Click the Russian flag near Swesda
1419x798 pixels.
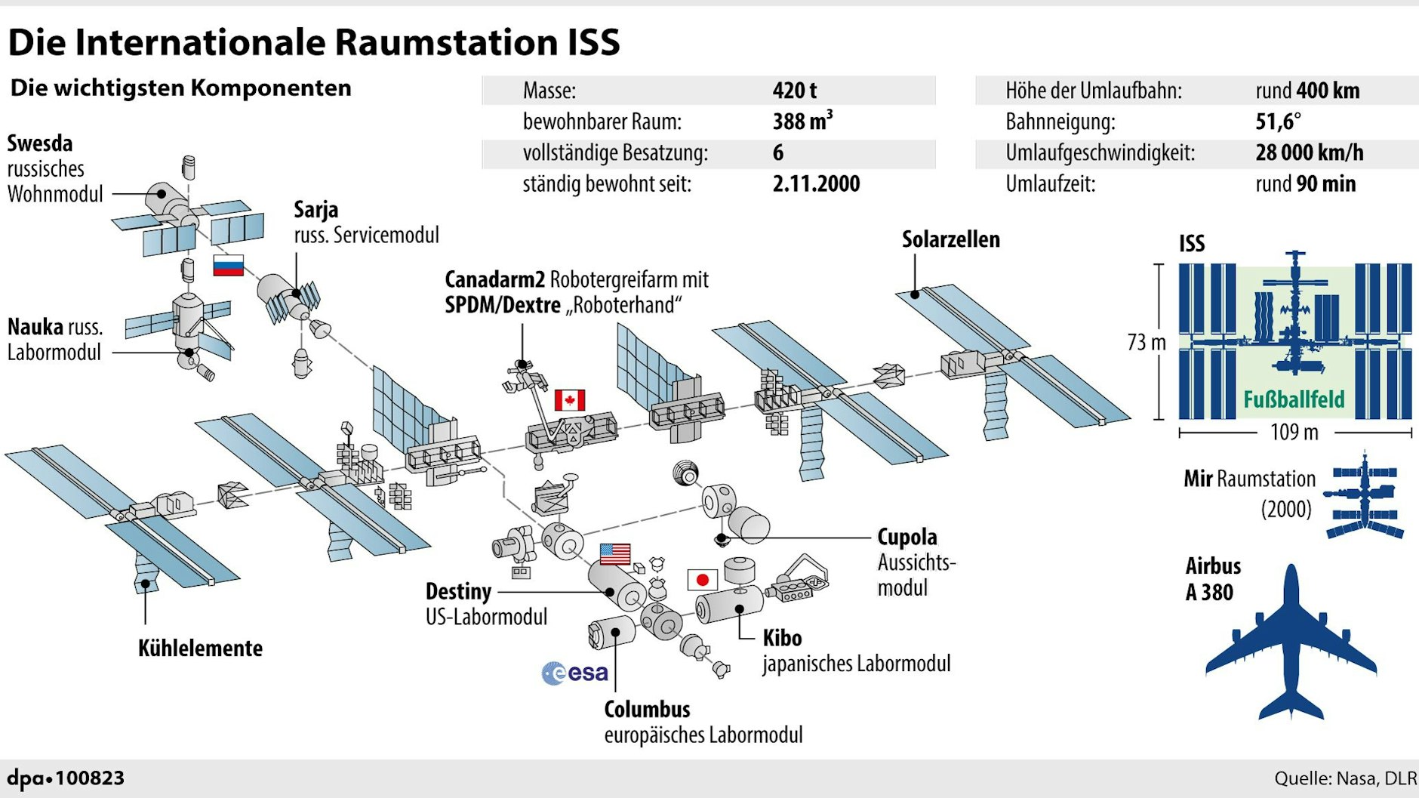click(x=228, y=266)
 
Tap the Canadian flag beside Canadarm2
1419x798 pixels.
click(x=570, y=400)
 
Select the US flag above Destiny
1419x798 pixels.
click(x=615, y=554)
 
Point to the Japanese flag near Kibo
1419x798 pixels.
click(x=702, y=580)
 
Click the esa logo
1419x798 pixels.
click(x=575, y=673)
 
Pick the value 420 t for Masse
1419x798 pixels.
click(x=794, y=91)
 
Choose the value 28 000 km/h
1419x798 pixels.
click(x=1309, y=153)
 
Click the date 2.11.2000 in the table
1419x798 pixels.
click(x=816, y=183)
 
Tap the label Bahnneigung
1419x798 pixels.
click(x=1060, y=122)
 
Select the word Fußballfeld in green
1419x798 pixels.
click(x=1294, y=399)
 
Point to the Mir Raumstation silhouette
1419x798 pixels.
click(x=1365, y=495)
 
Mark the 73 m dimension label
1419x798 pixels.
click(x=1146, y=342)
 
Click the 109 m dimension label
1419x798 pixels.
click(x=1294, y=433)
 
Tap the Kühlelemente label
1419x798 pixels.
click(x=200, y=649)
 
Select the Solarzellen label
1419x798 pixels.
click(x=950, y=239)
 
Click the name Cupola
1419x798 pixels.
click(x=906, y=537)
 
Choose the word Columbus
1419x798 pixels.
click(x=647, y=709)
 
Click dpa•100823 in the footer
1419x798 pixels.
click(x=66, y=778)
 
